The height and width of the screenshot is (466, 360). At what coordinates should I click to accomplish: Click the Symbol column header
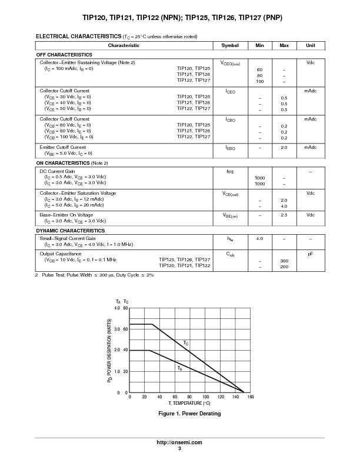tap(230, 45)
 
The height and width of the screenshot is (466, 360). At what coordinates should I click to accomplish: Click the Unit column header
tap(310, 45)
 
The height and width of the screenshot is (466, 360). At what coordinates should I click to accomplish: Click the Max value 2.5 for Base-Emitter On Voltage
tap(284, 215)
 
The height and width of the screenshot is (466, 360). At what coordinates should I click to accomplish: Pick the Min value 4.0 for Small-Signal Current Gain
tap(259, 238)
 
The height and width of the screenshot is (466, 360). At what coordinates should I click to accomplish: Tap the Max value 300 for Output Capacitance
tap(284, 261)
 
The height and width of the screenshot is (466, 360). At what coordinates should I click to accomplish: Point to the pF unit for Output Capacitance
tap(310, 254)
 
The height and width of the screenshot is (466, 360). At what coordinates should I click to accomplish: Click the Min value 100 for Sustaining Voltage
tap(259, 81)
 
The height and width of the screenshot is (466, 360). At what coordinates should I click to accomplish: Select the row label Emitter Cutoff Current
tap(62, 147)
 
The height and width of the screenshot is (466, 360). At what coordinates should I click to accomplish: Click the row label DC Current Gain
tap(57, 171)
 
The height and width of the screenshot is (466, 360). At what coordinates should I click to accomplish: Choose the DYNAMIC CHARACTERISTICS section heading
tap(71, 231)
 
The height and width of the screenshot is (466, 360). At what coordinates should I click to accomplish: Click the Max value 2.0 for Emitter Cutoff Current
tap(284, 147)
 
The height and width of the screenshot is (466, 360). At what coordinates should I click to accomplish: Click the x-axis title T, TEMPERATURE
tap(189, 404)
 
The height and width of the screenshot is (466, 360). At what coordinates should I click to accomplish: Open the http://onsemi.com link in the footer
tap(180, 442)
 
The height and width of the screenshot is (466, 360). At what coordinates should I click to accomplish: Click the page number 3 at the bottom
tap(180, 448)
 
